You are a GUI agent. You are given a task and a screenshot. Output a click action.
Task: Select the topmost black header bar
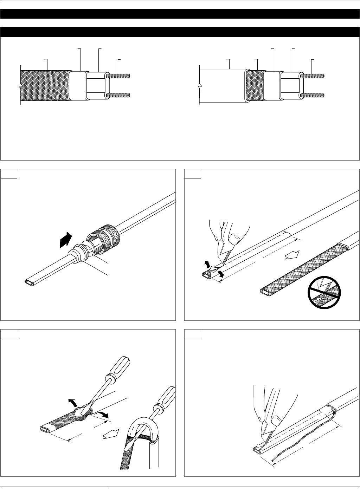pos(180,14)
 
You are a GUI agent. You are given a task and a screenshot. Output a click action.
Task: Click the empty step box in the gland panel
pos(9,174)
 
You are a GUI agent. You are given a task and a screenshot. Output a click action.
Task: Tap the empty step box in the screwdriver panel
pos(9,334)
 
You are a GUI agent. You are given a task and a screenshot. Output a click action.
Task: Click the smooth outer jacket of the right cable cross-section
pos(221,85)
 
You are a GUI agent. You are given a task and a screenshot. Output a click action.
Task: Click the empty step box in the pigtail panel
pos(193,334)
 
